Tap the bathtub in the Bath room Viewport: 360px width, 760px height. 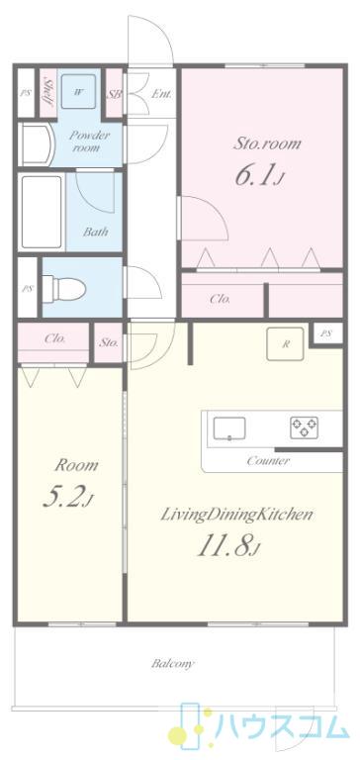(x=42, y=211)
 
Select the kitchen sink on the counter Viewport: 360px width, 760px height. (x=229, y=428)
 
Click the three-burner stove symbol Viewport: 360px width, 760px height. (x=305, y=427)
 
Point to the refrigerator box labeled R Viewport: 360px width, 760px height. (x=286, y=344)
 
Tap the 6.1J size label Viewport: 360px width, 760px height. (x=259, y=175)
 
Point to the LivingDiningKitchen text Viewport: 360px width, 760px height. (x=236, y=515)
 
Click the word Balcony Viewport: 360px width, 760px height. (x=173, y=663)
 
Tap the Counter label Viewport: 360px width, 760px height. (x=268, y=460)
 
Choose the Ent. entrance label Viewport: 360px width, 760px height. (x=161, y=94)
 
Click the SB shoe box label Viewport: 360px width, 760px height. (x=114, y=93)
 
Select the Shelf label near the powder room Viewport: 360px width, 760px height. (x=48, y=93)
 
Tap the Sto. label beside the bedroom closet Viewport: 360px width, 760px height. (x=109, y=343)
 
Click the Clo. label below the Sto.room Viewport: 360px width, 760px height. (x=220, y=299)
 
